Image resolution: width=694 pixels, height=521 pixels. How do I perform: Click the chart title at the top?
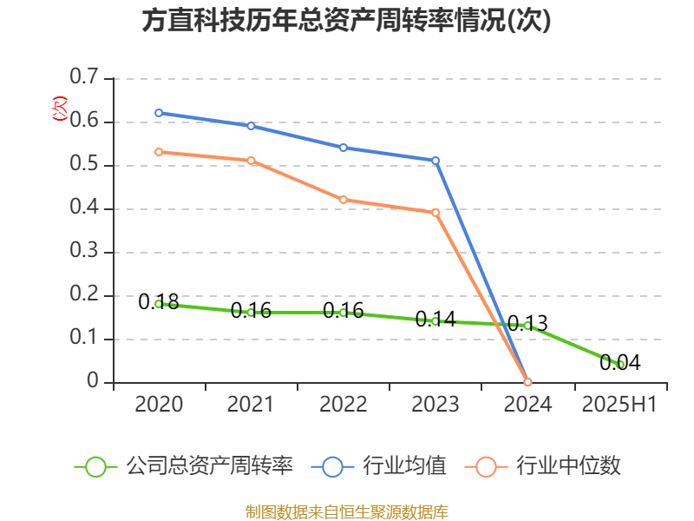click(x=346, y=21)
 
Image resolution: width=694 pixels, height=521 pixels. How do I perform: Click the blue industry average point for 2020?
click(x=159, y=113)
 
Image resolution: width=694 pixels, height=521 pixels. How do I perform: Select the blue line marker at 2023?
click(x=435, y=161)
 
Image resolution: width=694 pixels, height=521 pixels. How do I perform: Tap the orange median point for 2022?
click(x=344, y=200)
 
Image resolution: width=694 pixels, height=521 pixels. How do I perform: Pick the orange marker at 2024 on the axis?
click(x=527, y=382)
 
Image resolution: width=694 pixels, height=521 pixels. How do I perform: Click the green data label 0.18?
click(x=159, y=302)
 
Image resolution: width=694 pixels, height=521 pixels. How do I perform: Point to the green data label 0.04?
click(x=620, y=363)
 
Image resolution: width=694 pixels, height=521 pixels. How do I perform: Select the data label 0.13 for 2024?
click(x=527, y=325)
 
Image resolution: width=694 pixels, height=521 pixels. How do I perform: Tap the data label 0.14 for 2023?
click(x=435, y=319)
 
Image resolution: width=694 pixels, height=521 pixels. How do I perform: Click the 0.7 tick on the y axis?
click(x=85, y=78)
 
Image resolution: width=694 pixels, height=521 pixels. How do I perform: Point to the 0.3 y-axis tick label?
click(x=85, y=252)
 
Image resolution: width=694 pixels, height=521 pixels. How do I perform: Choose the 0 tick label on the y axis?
click(x=95, y=382)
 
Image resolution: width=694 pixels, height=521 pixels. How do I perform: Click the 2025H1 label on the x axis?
click(x=619, y=405)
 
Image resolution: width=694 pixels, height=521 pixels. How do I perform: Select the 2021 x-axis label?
click(x=251, y=405)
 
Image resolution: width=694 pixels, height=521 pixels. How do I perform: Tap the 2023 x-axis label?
click(x=435, y=405)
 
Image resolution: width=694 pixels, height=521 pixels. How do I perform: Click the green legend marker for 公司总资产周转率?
click(x=96, y=466)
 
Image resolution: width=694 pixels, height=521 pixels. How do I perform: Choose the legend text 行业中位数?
click(x=568, y=466)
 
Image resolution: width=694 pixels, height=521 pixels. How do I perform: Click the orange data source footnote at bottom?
click(x=346, y=511)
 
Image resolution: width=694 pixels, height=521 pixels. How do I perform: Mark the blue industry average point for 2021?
click(x=251, y=126)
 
